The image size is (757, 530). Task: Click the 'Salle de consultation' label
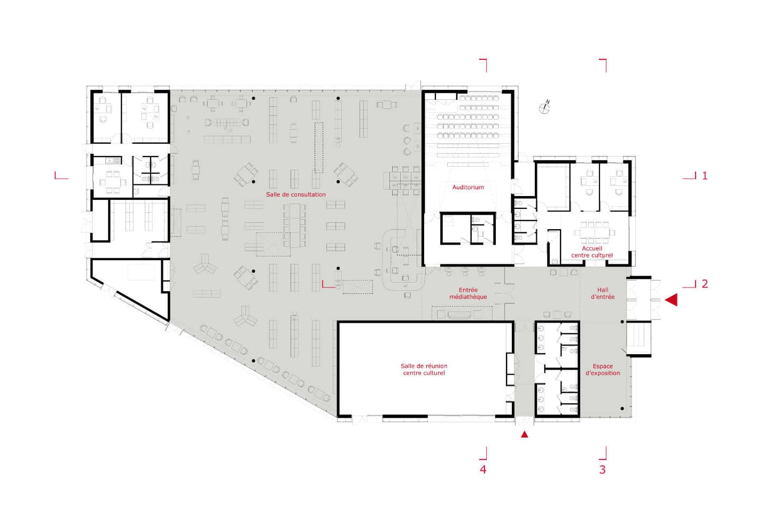point(296,194)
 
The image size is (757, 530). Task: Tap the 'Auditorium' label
point(468,187)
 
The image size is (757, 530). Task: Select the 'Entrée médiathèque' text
point(468,293)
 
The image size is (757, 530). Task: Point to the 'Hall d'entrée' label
point(603,293)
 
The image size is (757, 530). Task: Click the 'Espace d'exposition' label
point(603,369)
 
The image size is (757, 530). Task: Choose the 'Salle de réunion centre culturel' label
point(424,369)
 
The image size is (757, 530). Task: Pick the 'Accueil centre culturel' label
point(592,252)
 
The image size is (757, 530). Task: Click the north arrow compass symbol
point(544,107)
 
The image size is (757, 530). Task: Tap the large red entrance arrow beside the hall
point(671,300)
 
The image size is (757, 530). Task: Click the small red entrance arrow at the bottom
point(524,434)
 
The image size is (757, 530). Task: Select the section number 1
point(705,176)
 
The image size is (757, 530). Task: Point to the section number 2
point(705,284)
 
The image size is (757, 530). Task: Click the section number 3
point(602,470)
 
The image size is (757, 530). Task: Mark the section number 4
point(483,470)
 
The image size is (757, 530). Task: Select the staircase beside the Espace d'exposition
point(639,338)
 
